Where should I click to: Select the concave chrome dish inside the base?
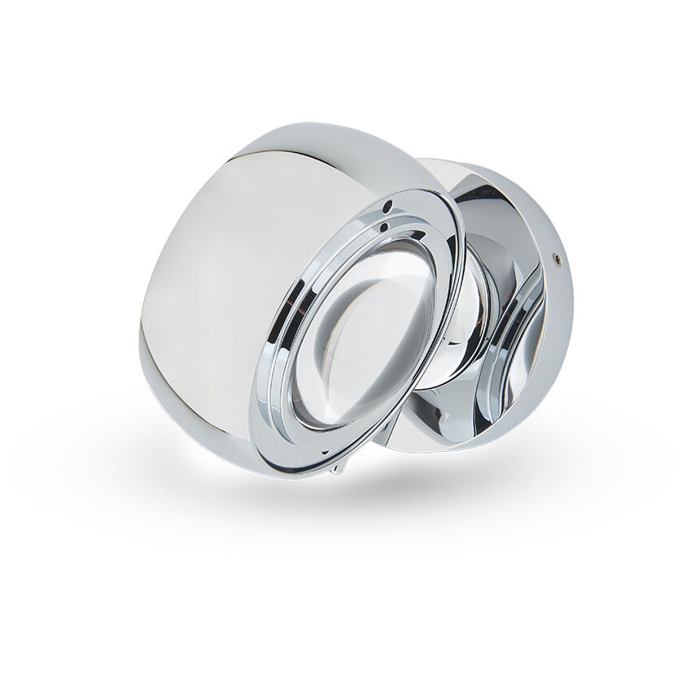(513, 326)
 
